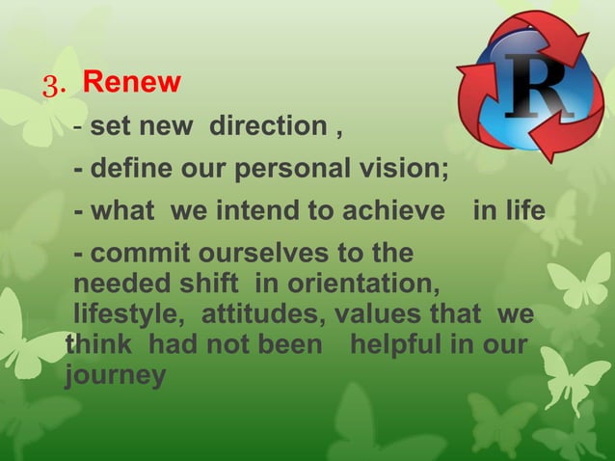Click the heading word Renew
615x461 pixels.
pos(131,83)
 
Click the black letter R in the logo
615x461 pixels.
pos(537,90)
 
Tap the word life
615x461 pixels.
pos(520,211)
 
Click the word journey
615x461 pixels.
pos(115,375)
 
